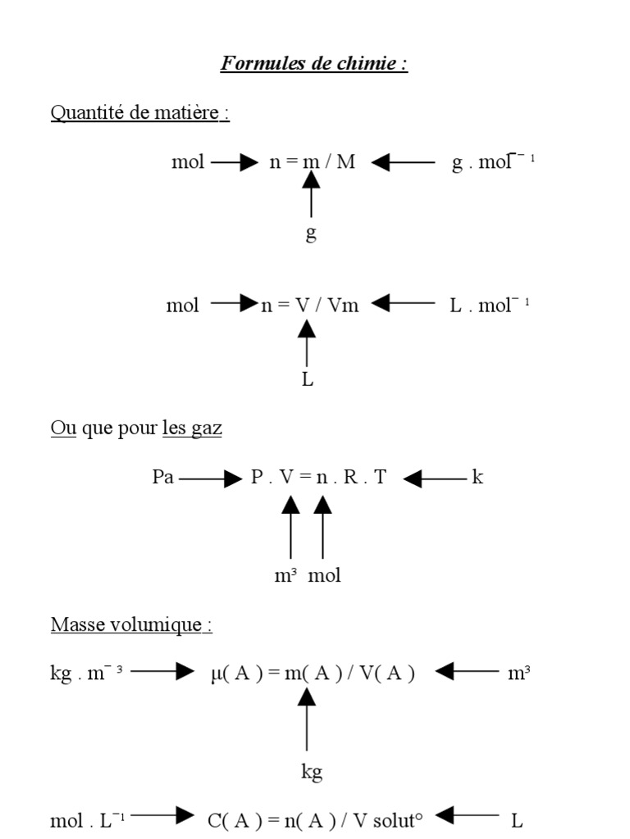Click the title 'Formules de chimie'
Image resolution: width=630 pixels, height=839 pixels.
[x=313, y=64]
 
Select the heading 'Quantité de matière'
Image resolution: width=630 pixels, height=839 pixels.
[x=139, y=112]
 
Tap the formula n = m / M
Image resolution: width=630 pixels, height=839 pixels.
[x=313, y=161]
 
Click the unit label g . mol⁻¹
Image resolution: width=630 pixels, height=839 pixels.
[x=493, y=161]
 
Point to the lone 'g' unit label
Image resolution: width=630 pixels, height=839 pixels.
[x=311, y=234]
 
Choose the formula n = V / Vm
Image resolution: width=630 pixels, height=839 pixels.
[x=310, y=306]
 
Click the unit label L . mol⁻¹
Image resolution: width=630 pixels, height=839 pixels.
[x=489, y=306]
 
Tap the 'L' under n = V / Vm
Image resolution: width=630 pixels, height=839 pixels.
[x=308, y=380]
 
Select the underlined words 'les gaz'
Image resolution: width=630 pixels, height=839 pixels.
[x=192, y=428]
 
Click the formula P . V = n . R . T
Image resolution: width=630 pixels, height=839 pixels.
[x=318, y=477]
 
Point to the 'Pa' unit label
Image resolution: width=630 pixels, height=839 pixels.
[x=163, y=477]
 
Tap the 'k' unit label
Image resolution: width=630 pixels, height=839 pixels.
[x=477, y=477]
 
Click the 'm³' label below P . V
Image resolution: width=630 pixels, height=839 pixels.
[x=285, y=575]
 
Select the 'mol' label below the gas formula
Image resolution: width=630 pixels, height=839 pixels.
[x=324, y=575]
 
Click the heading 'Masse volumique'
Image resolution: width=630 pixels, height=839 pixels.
[x=131, y=624]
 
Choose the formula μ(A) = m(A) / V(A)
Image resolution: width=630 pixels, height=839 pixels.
[x=313, y=673]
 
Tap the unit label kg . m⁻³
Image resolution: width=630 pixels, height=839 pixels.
[x=86, y=673]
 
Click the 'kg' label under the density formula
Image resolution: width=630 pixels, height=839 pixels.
[x=312, y=771]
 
